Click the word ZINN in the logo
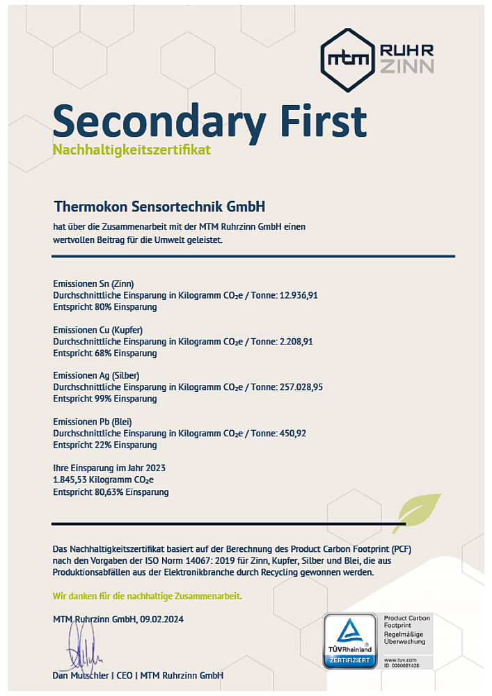pyautogui.click(x=407, y=66)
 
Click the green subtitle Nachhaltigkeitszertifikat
pyautogui.click(x=132, y=150)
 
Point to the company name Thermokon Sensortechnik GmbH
pyautogui.click(x=160, y=207)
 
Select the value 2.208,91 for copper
pyautogui.click(x=295, y=341)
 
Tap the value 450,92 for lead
pyautogui.click(x=292, y=433)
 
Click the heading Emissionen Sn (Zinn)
pyautogui.click(x=93, y=283)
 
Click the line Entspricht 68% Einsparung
pyautogui.click(x=105, y=353)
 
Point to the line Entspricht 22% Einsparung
pyautogui.click(x=105, y=445)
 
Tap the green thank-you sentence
pyautogui.click(x=148, y=596)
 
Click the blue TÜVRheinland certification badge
pyautogui.click(x=349, y=640)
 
